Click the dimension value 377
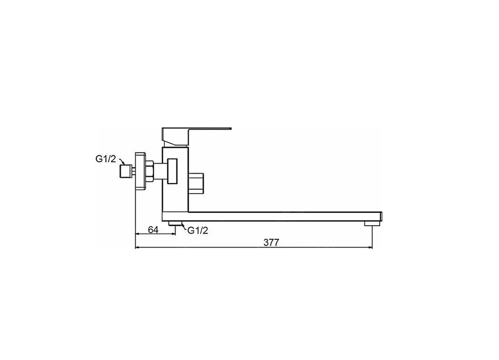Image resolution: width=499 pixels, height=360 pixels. point(271,243)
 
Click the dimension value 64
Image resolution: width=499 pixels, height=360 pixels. point(153,230)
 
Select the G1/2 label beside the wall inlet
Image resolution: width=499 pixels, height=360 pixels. point(106,159)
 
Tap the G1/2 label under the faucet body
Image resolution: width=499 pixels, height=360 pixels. point(198,231)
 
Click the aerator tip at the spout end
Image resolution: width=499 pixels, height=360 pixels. point(372,224)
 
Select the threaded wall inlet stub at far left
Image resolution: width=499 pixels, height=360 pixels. point(126,171)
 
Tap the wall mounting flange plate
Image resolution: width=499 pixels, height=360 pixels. point(140,171)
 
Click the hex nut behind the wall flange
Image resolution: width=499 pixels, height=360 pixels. point(150,172)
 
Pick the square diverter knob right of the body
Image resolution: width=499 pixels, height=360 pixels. point(196,183)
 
